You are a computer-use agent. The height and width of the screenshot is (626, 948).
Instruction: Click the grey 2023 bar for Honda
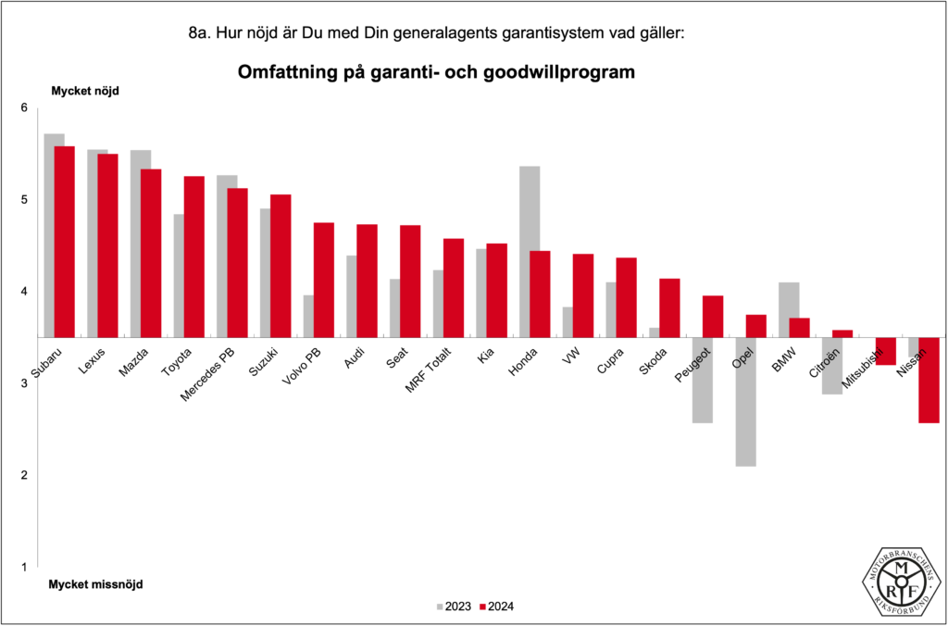[530, 251]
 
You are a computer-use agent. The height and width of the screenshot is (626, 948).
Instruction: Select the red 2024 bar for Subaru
[64, 241]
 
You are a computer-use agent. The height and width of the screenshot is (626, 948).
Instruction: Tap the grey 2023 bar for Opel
[745, 401]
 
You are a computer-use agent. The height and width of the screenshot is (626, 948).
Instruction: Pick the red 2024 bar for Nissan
[929, 380]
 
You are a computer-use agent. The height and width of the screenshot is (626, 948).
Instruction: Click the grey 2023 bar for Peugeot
[702, 380]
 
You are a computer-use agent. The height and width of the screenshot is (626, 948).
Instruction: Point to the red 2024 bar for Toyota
[193, 257]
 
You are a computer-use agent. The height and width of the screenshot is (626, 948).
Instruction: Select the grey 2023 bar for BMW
[789, 309]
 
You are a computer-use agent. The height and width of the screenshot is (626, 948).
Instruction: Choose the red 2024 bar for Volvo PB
[323, 280]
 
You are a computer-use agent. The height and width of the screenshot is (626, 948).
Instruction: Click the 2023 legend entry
[454, 607]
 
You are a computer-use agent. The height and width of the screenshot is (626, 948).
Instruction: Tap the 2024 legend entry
[497, 607]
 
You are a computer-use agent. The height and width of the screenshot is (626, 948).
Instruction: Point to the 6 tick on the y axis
[24, 108]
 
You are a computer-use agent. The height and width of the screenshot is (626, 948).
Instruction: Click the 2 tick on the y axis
[24, 475]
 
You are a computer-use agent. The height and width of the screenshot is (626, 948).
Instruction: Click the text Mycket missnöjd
[96, 584]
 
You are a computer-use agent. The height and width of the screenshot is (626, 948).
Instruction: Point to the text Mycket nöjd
[85, 91]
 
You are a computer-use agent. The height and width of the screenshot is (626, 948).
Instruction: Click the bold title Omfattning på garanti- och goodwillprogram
[436, 71]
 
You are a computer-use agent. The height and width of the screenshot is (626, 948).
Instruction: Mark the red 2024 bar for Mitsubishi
[885, 351]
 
